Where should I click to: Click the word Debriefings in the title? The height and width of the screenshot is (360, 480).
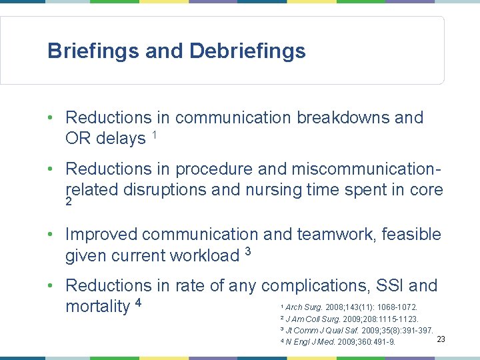[247, 51]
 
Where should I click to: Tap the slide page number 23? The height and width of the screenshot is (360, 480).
[441, 340]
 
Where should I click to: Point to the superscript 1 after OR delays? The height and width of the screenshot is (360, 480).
[154, 135]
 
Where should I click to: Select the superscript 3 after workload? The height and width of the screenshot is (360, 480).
[247, 251]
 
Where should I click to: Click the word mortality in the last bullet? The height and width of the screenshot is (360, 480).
[97, 307]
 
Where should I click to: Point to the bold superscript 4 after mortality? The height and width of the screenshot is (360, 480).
[138, 303]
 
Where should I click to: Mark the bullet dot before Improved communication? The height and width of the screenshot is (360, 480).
[51, 235]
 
